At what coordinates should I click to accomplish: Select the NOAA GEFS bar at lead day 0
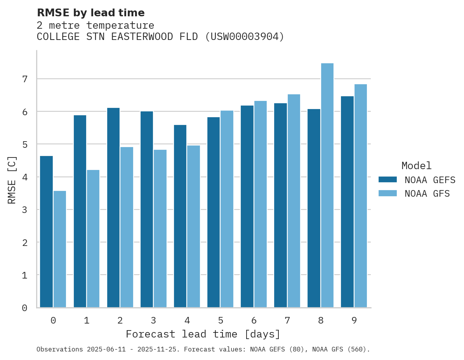(x=47, y=232)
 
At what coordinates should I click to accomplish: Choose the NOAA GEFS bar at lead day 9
(x=347, y=202)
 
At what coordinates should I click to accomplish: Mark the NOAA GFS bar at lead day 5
(x=227, y=209)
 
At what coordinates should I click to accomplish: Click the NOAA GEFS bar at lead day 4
(x=180, y=216)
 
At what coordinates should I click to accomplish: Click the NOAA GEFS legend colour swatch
(x=388, y=180)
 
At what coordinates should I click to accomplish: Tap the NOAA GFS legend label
(x=427, y=194)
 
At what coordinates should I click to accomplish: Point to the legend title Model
(x=416, y=166)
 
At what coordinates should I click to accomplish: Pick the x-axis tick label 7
(x=287, y=320)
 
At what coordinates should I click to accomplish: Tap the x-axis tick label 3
(x=153, y=320)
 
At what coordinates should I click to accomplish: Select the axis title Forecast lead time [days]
(x=203, y=334)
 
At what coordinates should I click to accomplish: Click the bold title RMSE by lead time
(x=90, y=13)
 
